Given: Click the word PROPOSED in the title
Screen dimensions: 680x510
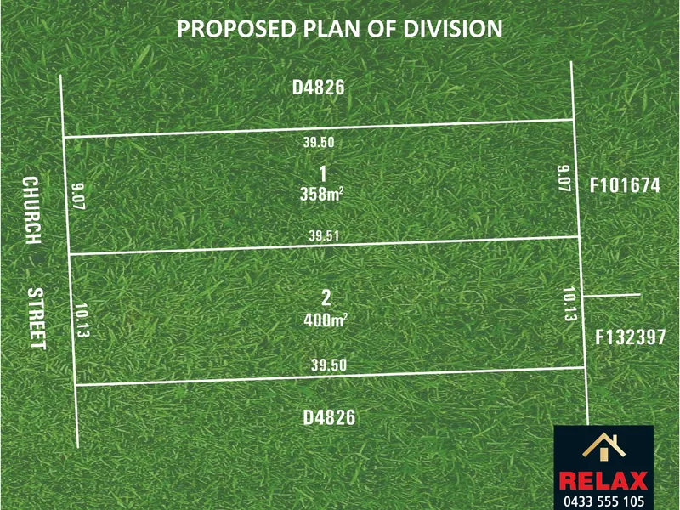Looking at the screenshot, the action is tap(236, 29).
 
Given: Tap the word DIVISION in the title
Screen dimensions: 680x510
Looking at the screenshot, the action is tap(453, 29).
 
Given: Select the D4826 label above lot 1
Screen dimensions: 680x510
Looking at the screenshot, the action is tap(318, 88).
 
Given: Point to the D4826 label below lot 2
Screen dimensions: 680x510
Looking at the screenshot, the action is tap(329, 417).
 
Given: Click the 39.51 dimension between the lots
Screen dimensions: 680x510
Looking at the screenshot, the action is tap(324, 236).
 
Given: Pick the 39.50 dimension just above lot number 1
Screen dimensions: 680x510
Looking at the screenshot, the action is tap(319, 142).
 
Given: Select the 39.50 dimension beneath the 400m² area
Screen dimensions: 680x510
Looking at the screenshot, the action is tap(329, 365).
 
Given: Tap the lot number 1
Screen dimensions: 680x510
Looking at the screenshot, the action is tap(323, 174).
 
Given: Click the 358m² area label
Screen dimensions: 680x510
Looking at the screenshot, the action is tap(322, 195).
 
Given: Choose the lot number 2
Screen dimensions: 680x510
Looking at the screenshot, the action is tap(326, 298).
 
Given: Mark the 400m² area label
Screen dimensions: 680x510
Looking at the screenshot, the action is tap(326, 320).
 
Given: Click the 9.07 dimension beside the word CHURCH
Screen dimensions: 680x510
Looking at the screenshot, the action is tap(78, 196).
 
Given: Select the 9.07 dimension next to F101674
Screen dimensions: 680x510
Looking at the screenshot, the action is tap(563, 178).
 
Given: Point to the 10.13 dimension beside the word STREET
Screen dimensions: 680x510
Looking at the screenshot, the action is tap(82, 320).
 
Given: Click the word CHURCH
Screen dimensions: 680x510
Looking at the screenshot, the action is tap(31, 210).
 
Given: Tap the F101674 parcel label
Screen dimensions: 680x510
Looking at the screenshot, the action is tap(625, 185).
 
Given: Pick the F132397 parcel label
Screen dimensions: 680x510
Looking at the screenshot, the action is tap(630, 337).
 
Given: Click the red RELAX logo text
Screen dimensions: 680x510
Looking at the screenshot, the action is tap(603, 481).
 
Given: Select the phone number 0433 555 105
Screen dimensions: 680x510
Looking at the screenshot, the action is tap(604, 501).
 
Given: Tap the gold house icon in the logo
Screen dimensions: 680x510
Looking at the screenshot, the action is tap(603, 445).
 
